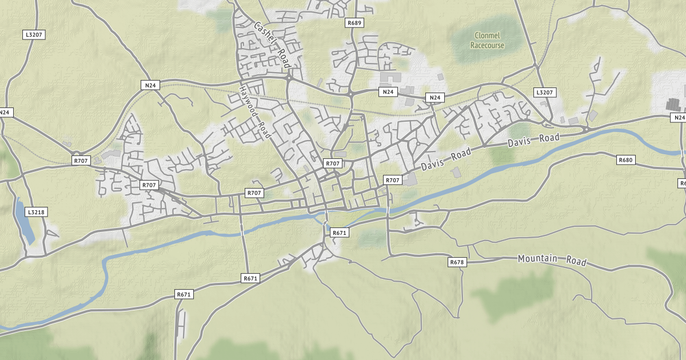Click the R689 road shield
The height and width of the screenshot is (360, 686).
354,23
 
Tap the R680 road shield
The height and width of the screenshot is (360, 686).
626,160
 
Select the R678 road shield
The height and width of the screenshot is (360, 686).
456,262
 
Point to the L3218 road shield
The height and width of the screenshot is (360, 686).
36,212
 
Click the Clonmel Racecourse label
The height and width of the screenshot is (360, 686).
488,40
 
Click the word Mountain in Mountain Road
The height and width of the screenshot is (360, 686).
537,258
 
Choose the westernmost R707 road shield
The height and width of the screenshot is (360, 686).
81,161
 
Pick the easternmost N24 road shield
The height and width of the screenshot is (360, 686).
679,118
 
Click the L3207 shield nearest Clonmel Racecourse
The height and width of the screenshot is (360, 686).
544,92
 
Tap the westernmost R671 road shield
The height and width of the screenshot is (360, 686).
184,294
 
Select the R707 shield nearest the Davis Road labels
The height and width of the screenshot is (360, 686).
392,180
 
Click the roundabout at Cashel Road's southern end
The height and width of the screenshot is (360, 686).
290,74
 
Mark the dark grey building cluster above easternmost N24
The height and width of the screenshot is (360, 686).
675,104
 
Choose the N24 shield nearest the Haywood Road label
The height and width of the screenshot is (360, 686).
150,86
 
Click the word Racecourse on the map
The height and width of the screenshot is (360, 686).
488,45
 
